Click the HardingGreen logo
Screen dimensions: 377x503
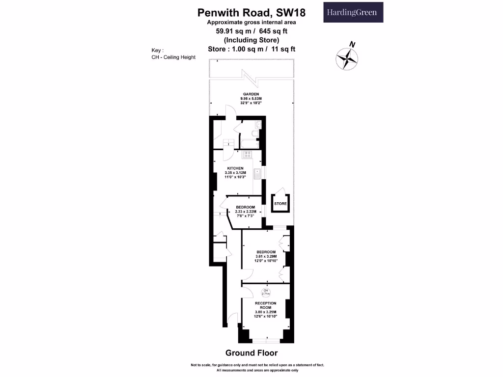point(353,12)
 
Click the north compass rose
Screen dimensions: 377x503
point(347,57)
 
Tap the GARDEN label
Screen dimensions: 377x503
point(251,94)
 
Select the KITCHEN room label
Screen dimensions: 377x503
point(235,168)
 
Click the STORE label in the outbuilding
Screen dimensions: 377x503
point(280,203)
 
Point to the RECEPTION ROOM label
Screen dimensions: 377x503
point(266,306)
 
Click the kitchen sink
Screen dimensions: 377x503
point(257,174)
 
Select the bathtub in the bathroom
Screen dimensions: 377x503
point(249,143)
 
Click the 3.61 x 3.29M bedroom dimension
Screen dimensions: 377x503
point(266,256)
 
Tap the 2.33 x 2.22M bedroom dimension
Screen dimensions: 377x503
point(245,212)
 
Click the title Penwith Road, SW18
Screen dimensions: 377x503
point(251,12)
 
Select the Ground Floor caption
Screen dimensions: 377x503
point(251,353)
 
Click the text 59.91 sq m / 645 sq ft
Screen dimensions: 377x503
point(251,31)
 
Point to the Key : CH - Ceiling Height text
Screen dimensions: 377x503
point(173,54)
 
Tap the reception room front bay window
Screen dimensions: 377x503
point(266,340)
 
